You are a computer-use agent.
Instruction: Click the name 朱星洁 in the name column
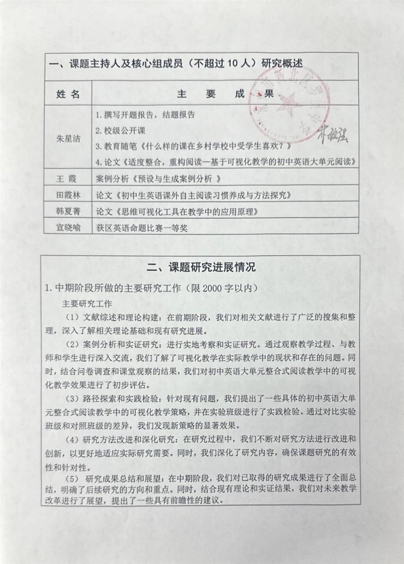[68, 139]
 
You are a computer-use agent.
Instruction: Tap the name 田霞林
[68, 195]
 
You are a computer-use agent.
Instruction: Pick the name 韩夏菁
[68, 211]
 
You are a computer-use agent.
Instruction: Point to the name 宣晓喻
[68, 228]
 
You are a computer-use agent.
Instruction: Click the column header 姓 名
[68, 94]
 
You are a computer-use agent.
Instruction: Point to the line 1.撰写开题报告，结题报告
[145, 115]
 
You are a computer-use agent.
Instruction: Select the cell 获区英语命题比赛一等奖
[142, 228]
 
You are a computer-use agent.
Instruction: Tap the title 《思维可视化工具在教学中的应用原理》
[187, 211]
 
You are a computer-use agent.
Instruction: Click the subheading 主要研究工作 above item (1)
[87, 304]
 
